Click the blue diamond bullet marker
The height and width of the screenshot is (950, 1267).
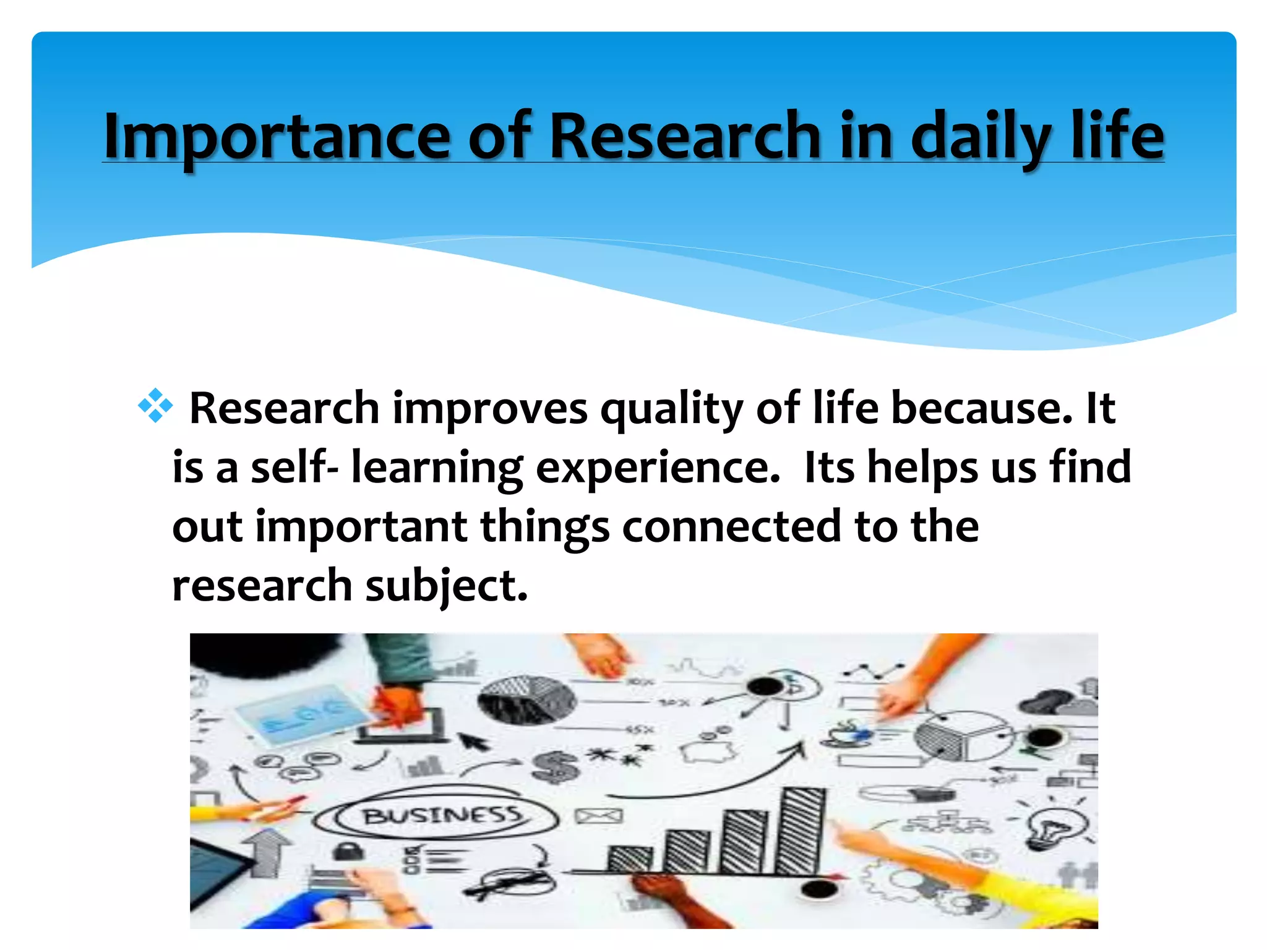point(155,406)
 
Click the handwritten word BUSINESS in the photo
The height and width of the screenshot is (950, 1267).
point(442,816)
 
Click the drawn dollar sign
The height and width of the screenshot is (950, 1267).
point(554,766)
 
